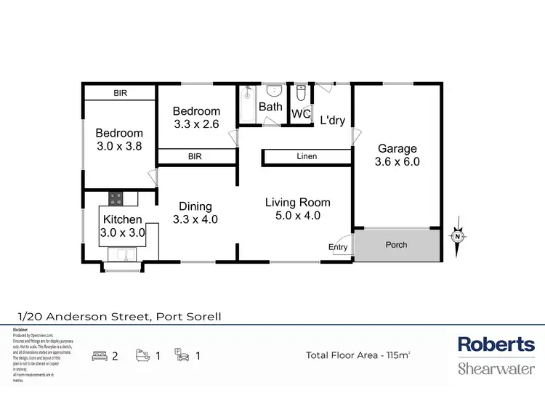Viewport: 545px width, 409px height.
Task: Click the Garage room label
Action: [396, 149]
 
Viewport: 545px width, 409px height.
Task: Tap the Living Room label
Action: [297, 203]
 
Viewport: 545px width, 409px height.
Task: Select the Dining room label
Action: [195, 206]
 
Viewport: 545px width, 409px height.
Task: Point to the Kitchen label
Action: [122, 219]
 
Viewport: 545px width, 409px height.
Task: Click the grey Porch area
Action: [396, 246]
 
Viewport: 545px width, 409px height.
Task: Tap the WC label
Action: [301, 114]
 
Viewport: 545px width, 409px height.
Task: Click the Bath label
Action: [271, 107]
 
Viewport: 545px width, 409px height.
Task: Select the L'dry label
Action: [332, 121]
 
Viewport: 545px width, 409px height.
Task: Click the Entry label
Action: [338, 248]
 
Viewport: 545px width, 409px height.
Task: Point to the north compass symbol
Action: [458, 236]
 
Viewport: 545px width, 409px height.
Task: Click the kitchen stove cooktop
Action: [116, 197]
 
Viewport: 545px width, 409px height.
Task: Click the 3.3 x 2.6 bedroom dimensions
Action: [196, 124]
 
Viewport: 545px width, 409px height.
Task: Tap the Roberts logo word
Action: [496, 344]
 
